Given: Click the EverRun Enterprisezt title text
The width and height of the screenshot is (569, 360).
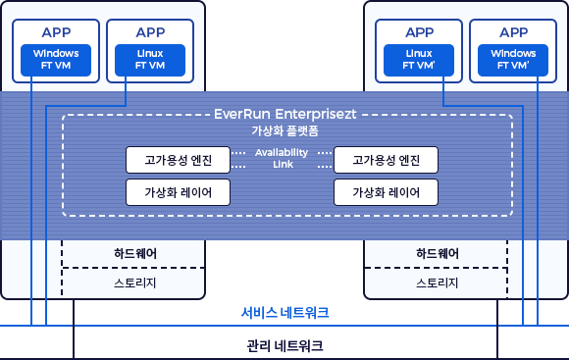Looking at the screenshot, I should click(x=284, y=113).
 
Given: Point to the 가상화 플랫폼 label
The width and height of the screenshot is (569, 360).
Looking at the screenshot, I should click(x=284, y=129).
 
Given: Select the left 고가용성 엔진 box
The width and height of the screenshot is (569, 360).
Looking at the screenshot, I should click(x=178, y=159).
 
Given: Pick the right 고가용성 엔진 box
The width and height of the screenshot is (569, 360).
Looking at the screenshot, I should click(x=386, y=159).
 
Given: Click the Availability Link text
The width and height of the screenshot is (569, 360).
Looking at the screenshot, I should click(x=282, y=158).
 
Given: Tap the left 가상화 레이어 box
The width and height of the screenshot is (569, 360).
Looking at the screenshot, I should click(x=178, y=191).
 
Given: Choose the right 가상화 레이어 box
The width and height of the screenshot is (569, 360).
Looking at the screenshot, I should click(x=386, y=191).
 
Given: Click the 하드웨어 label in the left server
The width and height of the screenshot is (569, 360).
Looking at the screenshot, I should click(x=134, y=253).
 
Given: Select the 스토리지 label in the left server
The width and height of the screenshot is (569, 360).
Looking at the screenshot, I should click(x=134, y=283).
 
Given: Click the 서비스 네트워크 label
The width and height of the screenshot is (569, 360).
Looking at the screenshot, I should click(x=284, y=313).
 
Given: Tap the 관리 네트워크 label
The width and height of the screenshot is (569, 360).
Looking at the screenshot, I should click(x=284, y=346).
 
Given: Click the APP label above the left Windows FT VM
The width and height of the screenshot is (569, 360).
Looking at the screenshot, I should click(x=56, y=31).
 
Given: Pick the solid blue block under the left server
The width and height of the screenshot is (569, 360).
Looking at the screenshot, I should click(x=85, y=312).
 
